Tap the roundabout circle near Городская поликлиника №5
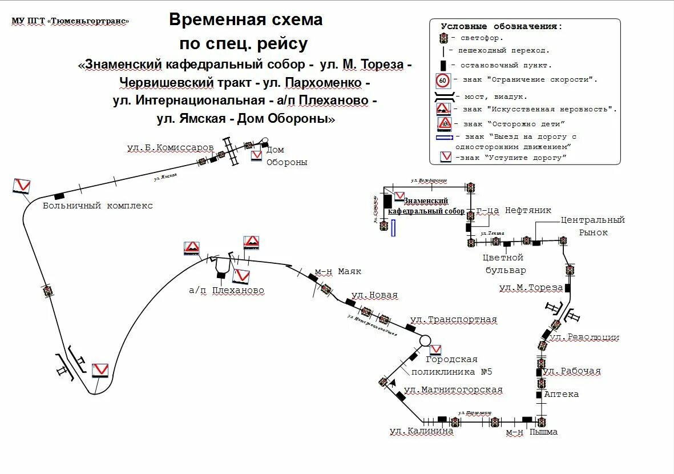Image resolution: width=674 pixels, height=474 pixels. point(425,341)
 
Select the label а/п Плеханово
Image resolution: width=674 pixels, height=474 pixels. point(227,290)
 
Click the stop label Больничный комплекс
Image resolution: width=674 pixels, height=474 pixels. point(98,206)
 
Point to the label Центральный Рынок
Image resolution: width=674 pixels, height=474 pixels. point(593,226)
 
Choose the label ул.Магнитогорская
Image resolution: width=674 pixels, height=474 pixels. point(453,390)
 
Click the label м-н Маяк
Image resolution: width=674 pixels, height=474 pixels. point(338,271)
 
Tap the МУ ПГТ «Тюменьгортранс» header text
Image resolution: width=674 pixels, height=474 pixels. point(70,21)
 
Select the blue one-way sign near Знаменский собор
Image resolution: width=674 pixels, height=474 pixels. point(393,228)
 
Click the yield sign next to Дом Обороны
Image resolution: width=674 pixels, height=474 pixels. point(257,155)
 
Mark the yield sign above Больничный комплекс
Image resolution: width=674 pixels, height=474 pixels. point(21,186)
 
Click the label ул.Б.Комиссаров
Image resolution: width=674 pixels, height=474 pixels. point(170,147)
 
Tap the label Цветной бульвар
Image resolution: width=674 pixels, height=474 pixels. point(505,264)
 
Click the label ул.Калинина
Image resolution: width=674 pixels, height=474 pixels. point(421,431)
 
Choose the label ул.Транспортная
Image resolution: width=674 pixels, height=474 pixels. point(453,320)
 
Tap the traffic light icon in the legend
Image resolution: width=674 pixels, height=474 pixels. point(443,38)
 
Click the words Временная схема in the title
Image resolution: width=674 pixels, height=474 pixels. point(245,20)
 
